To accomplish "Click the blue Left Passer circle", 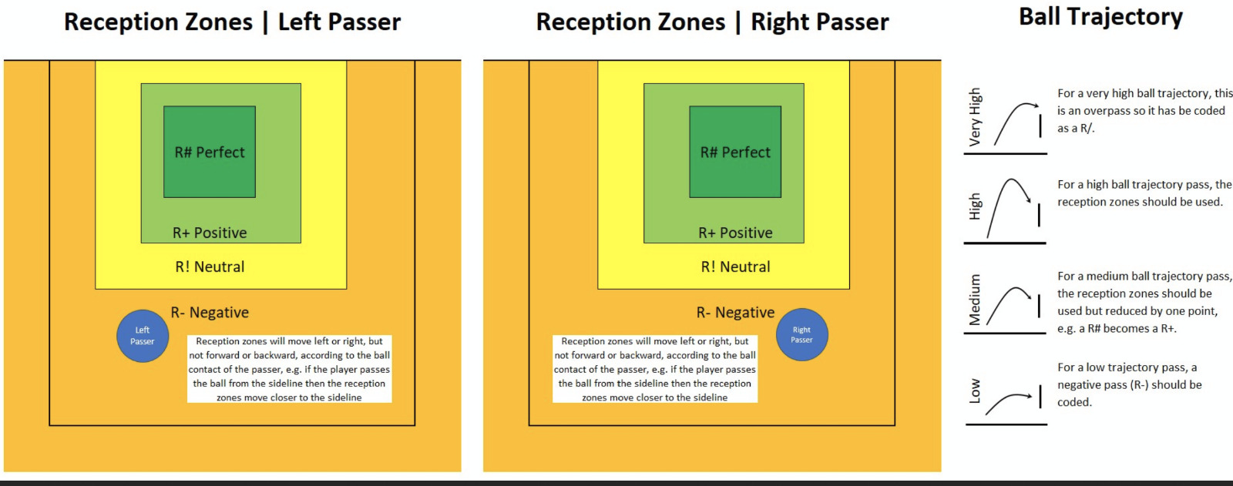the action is point(143,336).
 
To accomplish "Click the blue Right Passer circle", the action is point(802,334).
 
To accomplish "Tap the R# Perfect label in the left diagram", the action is point(210,153).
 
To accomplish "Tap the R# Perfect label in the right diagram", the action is point(735,153).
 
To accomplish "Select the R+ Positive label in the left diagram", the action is point(210,233).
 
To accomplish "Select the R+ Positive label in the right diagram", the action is point(735,233).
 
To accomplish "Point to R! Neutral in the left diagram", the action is point(210,267).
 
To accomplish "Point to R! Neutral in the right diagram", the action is point(735,267).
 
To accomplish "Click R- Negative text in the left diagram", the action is point(210,313).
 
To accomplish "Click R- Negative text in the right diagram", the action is point(735,313).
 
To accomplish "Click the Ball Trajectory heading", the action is point(1101,18).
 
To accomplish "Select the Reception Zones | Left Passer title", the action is point(232,22).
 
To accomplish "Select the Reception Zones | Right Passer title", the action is point(712,22).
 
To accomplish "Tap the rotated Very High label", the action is point(975,116).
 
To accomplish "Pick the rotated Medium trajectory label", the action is point(975,300).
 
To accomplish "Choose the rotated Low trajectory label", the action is point(975,390).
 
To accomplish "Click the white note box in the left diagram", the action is point(290,369).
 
